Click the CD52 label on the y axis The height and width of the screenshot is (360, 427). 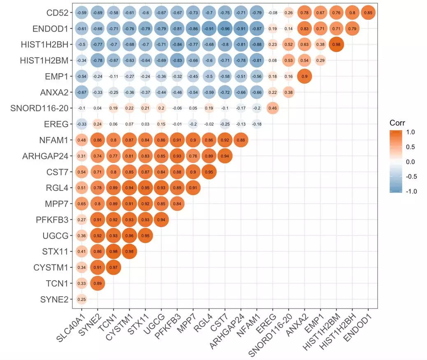(x=58, y=13)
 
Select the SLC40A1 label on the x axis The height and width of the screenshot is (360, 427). (x=67, y=329)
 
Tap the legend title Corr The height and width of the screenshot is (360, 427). (x=397, y=123)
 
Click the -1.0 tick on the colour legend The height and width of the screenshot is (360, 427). (x=414, y=191)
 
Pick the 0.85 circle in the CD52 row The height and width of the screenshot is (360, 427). (x=368, y=13)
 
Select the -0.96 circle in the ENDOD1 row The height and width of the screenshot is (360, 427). (x=225, y=29)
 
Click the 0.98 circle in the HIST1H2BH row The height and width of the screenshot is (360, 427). (x=336, y=44)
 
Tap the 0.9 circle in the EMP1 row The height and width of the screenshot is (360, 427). (x=304, y=77)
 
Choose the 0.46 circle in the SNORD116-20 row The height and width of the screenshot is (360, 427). (x=272, y=108)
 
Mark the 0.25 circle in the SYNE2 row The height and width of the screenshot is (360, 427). (x=81, y=299)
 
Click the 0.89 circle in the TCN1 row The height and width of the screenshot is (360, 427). (x=97, y=283)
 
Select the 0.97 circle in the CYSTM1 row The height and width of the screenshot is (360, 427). (x=113, y=267)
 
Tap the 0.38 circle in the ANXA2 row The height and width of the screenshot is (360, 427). (x=288, y=92)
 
